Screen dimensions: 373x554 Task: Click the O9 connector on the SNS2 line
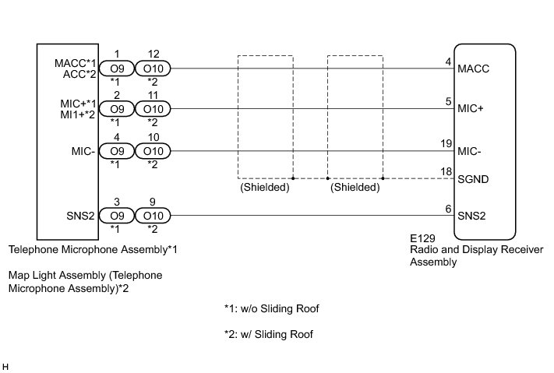pos(117,214)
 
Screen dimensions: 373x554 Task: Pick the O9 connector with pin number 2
pos(117,109)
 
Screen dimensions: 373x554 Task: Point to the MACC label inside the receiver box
pos(474,69)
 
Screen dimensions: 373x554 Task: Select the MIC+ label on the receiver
pos(471,109)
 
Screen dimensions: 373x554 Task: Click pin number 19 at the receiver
pos(446,143)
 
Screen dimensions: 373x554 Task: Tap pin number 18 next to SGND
pos(446,171)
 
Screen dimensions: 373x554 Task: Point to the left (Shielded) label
pos(265,188)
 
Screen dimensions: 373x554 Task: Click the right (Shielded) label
pos(355,188)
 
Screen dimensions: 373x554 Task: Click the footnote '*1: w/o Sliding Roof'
pos(272,309)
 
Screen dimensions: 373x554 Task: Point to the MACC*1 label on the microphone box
pos(75,62)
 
